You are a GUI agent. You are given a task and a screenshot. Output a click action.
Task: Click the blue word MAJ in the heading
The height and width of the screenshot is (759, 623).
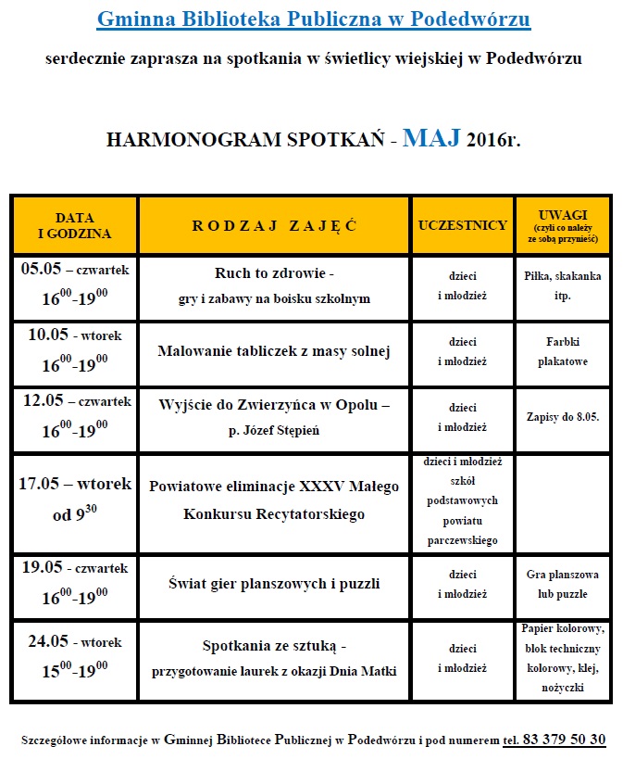(x=430, y=139)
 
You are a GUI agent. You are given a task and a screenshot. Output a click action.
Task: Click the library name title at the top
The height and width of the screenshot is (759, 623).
(x=314, y=19)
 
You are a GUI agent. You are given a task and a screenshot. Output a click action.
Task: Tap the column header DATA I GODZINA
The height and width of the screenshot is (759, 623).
(x=74, y=225)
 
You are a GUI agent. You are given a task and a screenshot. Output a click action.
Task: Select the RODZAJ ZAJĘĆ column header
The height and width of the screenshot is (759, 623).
(x=274, y=225)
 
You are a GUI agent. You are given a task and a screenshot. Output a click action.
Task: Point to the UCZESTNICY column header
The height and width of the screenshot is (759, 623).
(x=462, y=225)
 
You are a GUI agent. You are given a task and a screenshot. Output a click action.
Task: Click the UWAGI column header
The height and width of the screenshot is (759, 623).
(x=562, y=225)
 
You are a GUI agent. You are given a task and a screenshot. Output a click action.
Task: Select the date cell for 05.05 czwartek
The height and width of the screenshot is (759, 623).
(x=76, y=288)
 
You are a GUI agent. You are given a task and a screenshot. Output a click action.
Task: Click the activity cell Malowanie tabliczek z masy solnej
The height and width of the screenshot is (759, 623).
(x=274, y=351)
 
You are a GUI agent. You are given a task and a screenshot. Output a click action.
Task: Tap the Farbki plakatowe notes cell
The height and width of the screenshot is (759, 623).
(x=562, y=352)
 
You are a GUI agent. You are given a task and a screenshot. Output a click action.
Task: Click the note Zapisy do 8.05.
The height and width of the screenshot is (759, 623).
(x=562, y=417)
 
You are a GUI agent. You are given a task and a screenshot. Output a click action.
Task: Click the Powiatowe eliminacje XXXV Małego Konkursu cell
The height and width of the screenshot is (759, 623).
(x=274, y=500)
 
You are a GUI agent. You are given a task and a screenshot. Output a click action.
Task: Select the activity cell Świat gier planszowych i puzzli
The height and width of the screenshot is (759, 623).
(x=274, y=584)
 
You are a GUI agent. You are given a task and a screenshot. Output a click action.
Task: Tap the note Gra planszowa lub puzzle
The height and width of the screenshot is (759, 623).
(x=562, y=585)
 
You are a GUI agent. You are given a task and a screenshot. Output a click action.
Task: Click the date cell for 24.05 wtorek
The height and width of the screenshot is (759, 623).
(x=76, y=658)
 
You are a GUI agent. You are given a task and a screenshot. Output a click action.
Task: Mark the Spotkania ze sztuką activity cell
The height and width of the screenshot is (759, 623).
(x=274, y=658)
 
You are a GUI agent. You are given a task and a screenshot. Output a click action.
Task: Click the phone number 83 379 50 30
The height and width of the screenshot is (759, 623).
(x=554, y=740)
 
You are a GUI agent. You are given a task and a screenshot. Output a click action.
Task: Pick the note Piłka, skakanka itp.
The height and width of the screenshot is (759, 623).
(x=562, y=287)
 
